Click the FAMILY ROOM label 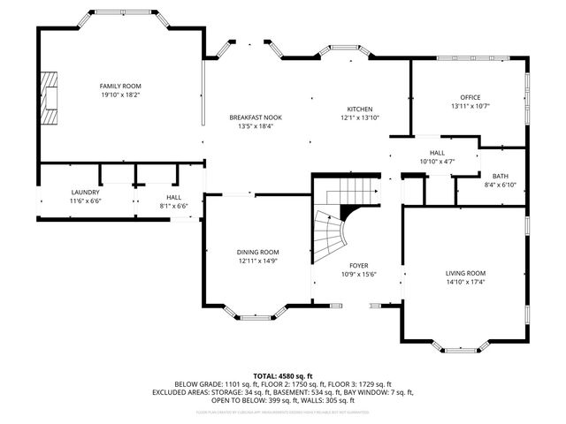120,86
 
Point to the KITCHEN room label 359,109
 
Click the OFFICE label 470,97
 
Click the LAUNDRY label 86,192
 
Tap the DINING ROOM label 257,252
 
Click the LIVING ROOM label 465,273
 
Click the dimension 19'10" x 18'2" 120,94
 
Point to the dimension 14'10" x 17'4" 465,282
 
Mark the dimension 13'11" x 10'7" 470,106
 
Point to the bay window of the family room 119,17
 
